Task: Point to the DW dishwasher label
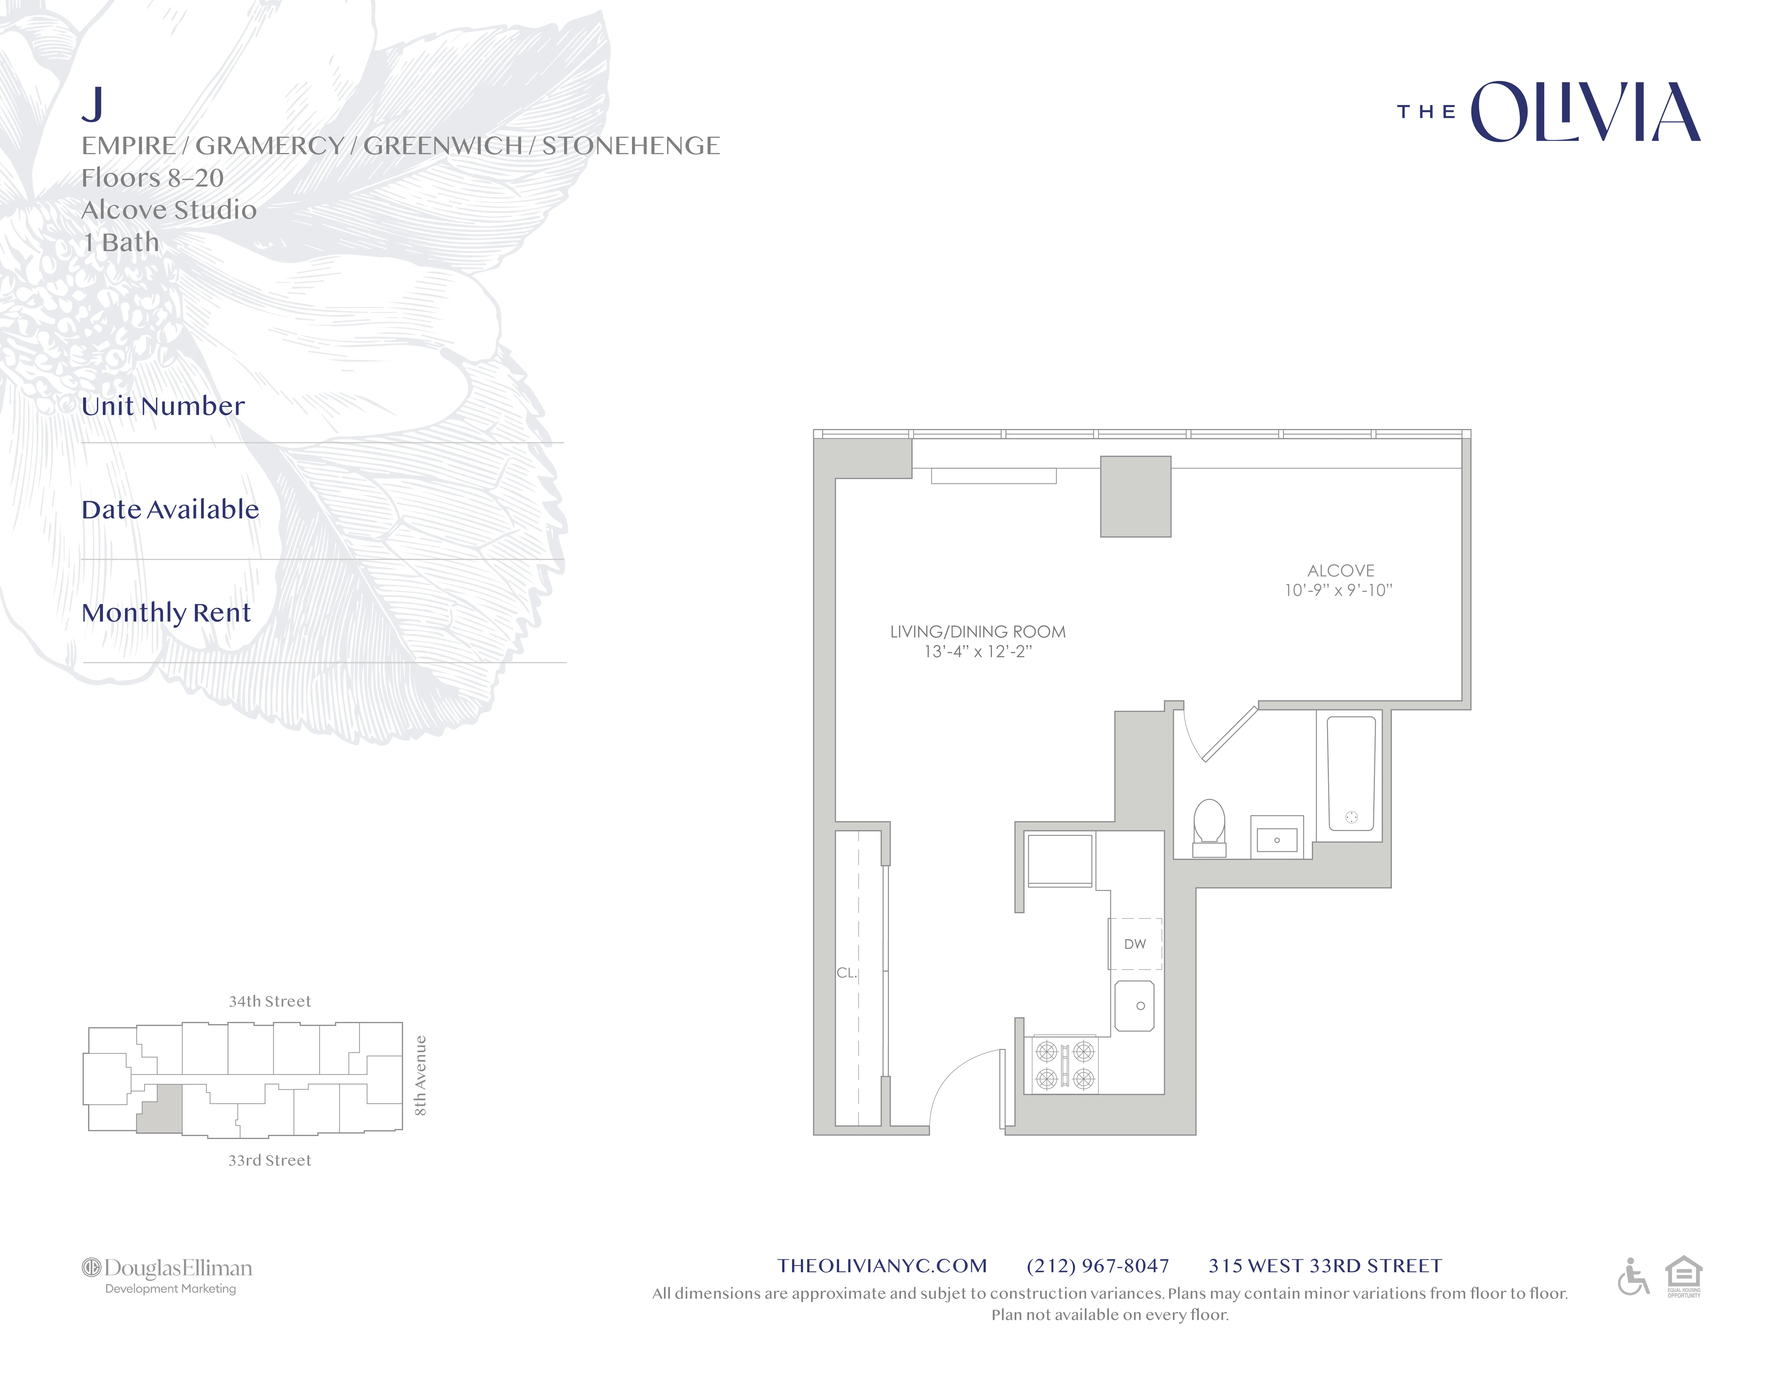pos(1135,944)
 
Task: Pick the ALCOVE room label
pos(1341,571)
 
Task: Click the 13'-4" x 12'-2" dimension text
pos(977,652)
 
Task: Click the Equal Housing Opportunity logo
pos(1683,1277)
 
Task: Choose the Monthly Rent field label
pos(166,613)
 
